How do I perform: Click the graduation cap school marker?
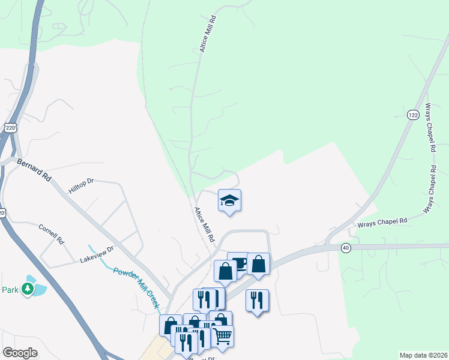229,200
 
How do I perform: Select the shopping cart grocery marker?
222,335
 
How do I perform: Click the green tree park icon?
27,289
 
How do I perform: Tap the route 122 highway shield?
412,115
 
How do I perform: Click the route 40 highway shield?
345,247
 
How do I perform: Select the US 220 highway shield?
9,128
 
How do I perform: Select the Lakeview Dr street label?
97,256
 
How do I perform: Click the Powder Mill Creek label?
136,287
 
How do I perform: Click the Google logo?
20,353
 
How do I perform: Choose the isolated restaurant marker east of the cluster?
257,299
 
